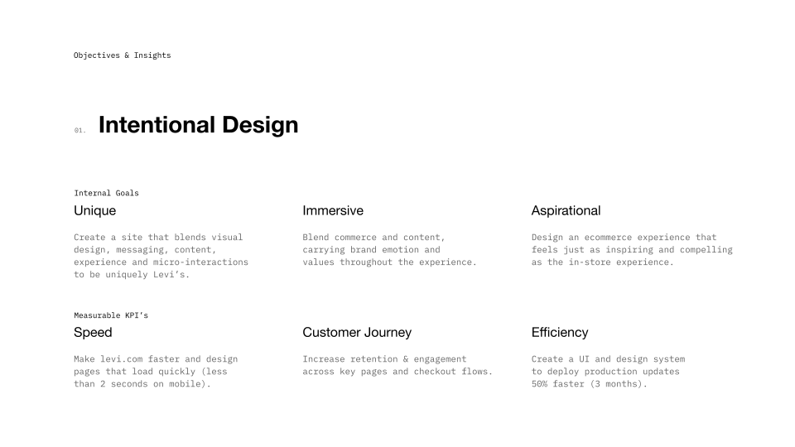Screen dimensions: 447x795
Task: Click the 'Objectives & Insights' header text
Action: [x=122, y=55]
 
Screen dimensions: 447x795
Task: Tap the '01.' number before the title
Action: [x=79, y=131]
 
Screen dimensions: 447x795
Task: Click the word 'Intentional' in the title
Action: [x=156, y=125]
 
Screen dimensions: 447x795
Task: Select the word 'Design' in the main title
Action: [x=259, y=125]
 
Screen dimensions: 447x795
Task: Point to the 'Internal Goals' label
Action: [x=106, y=193]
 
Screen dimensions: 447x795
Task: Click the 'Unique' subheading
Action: [x=94, y=210]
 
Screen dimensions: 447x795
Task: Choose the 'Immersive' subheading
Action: [x=333, y=210]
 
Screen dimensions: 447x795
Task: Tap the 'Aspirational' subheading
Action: [x=566, y=210]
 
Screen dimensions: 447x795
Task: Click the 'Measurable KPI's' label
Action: [x=111, y=315]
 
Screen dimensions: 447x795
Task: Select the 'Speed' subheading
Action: [x=93, y=332]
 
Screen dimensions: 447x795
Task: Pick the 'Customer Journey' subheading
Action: [x=357, y=332]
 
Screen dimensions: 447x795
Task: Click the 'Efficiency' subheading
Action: [x=560, y=332]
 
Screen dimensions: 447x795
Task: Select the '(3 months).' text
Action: [x=619, y=384]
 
